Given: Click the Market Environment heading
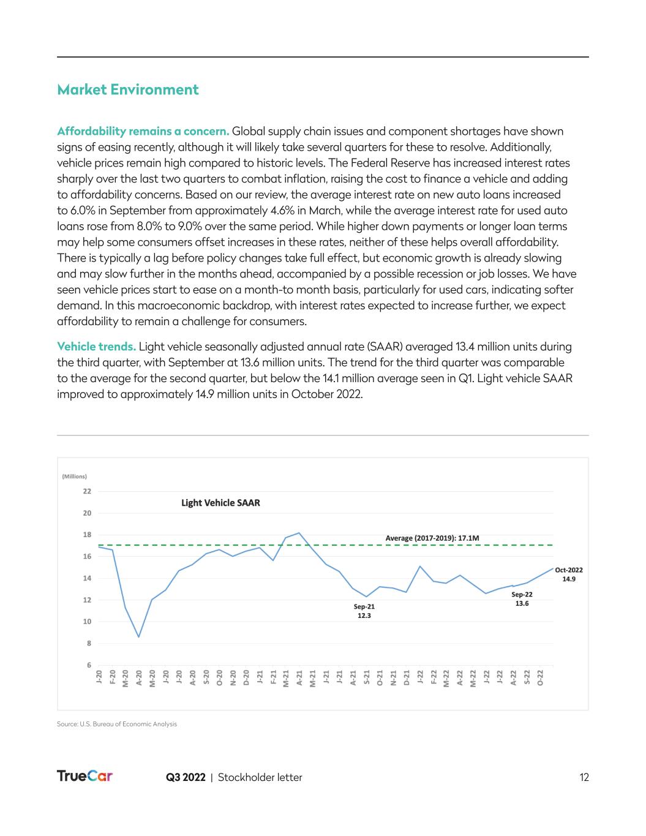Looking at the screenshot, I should point(127,89).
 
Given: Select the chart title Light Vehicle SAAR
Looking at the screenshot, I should point(220,503).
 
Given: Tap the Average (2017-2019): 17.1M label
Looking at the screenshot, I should point(432,538).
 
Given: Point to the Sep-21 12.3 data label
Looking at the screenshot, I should point(364,611).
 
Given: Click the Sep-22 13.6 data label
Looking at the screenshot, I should point(522,598).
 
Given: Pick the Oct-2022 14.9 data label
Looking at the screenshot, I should point(569,574).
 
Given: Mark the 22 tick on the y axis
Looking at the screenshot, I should point(87,491).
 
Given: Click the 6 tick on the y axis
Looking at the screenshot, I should point(89,665).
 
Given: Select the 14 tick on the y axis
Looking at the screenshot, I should point(87,578).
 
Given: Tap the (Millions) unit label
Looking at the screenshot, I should point(74,476).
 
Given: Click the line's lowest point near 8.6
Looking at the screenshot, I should point(139,637).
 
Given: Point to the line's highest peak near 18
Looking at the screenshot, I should point(299,533).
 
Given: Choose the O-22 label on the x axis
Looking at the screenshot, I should point(540,678).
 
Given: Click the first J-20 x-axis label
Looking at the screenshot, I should point(99,678).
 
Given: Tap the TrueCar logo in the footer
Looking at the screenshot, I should point(85,777).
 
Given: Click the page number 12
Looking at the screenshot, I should point(584,777).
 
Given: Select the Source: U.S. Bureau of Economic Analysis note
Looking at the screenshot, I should point(117,724).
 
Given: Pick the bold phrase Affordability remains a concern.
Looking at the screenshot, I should point(143,131).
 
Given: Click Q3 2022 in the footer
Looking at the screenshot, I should point(186,777).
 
